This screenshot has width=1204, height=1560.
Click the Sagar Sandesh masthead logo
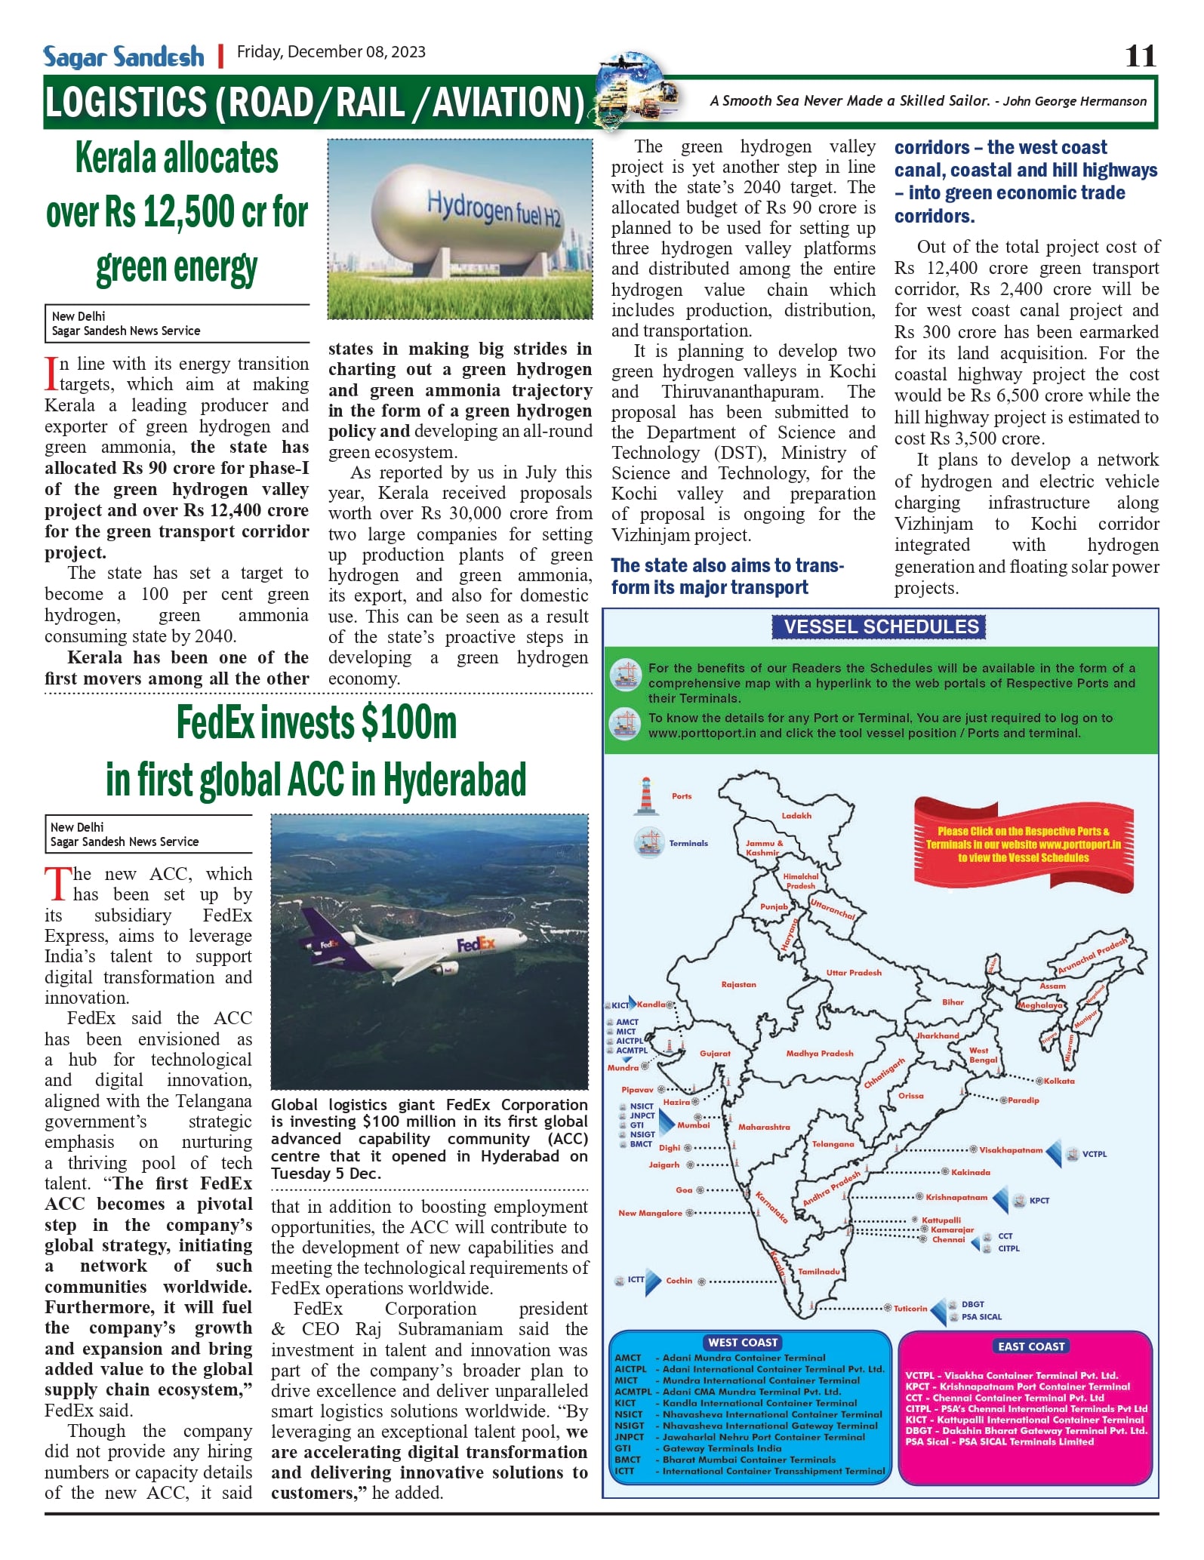tap(124, 57)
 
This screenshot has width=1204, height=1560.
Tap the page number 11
tap(1140, 56)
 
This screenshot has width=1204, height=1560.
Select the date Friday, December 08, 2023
tap(331, 52)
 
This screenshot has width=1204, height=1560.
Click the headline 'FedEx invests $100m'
tap(316, 722)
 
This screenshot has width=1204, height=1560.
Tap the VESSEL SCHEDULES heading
tap(881, 626)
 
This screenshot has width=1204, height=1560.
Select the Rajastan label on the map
tap(738, 984)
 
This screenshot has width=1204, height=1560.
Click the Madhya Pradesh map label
tap(820, 1053)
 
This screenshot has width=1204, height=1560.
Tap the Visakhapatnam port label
tap(1011, 1150)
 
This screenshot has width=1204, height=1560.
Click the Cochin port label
tap(679, 1281)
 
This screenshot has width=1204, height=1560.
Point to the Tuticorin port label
tap(910, 1309)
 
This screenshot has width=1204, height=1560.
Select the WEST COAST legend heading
tap(743, 1342)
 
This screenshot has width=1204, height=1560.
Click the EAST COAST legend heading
tap(1031, 1346)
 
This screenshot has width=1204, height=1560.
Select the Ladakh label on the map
tap(796, 815)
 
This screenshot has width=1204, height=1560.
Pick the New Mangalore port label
tap(650, 1213)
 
